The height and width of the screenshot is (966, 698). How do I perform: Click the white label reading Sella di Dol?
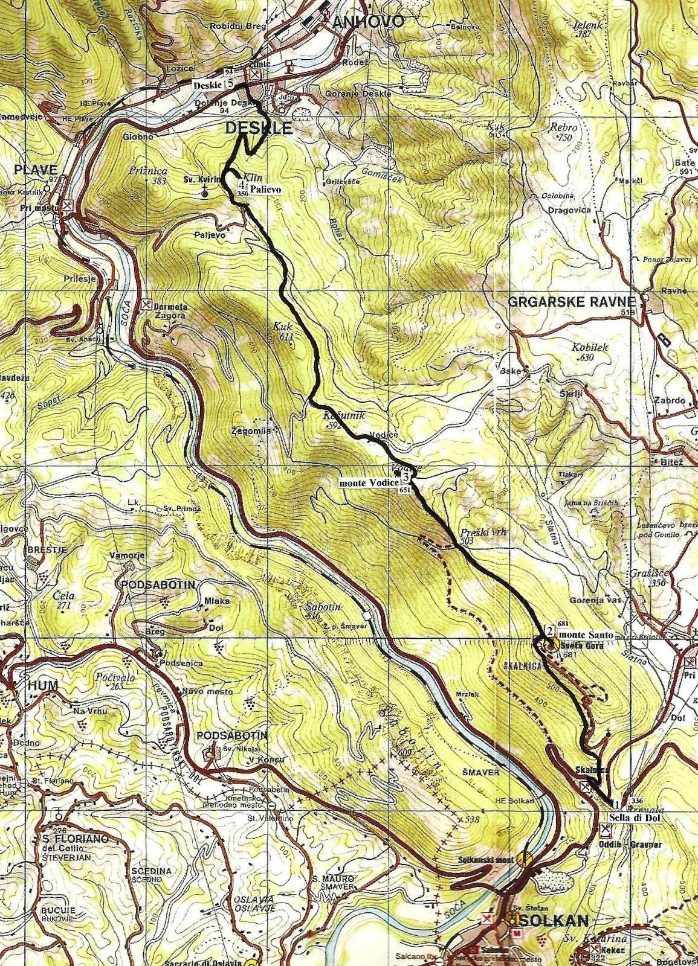coord(635,818)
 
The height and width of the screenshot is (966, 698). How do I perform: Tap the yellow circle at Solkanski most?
coord(525,858)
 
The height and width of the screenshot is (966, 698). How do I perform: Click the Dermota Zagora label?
coord(171,310)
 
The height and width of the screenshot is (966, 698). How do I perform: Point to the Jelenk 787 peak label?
coord(584,30)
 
